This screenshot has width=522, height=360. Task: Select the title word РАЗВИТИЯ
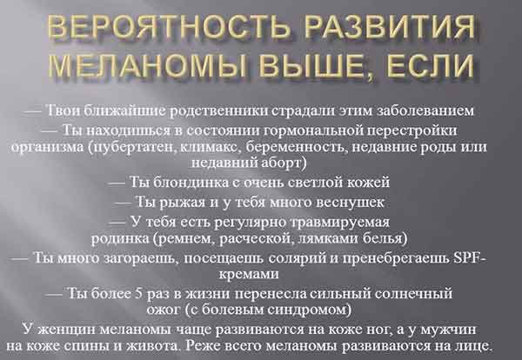[x=390, y=26]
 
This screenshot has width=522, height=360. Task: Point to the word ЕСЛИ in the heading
[x=430, y=64]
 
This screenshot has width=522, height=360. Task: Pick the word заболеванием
[x=425, y=110]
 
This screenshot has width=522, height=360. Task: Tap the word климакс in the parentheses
[x=209, y=147]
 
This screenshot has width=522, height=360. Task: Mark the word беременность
[x=297, y=147]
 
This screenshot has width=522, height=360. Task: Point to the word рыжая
[x=183, y=203]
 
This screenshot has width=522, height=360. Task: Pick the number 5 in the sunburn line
[x=139, y=294]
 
